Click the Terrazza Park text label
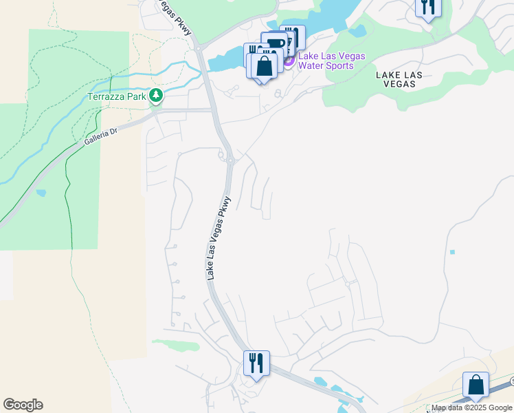point(117,96)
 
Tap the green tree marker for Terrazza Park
point(157,96)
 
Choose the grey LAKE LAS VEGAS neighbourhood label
point(395,78)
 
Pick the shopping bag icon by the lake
point(264,67)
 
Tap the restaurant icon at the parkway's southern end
point(256,362)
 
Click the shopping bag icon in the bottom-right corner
point(476,385)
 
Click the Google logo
point(23,405)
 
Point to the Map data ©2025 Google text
point(471,408)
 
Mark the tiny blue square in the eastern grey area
point(451,252)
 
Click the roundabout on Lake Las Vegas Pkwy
point(230,160)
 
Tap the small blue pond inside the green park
point(41,193)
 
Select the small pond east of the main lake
point(357,31)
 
